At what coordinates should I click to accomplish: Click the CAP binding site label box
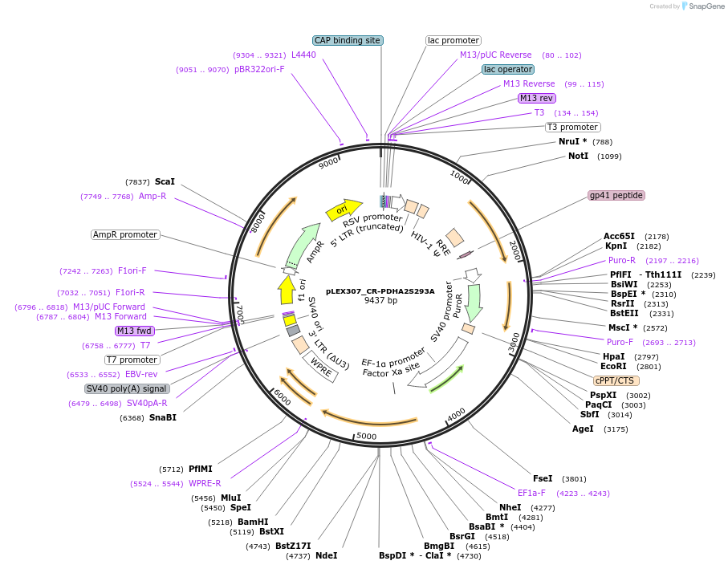click(348, 40)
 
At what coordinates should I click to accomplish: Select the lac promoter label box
click(453, 40)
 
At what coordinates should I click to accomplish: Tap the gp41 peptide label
click(616, 195)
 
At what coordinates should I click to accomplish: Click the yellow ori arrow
click(344, 209)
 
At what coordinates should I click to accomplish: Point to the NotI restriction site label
click(578, 156)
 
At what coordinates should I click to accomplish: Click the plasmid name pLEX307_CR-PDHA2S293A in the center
click(380, 291)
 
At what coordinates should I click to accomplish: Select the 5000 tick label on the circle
click(366, 436)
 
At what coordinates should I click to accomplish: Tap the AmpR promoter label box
click(125, 235)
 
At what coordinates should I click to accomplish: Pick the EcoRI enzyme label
click(613, 366)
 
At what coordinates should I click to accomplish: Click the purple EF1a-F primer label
click(531, 493)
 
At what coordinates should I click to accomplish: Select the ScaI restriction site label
click(165, 182)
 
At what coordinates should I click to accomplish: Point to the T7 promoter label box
click(132, 360)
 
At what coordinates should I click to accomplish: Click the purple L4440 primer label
click(303, 55)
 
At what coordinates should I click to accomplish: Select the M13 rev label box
click(536, 98)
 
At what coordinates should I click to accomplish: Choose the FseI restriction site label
click(543, 478)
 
